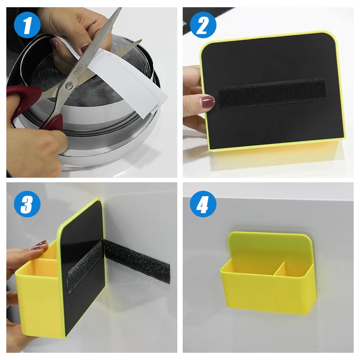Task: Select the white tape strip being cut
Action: (x=130, y=85)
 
